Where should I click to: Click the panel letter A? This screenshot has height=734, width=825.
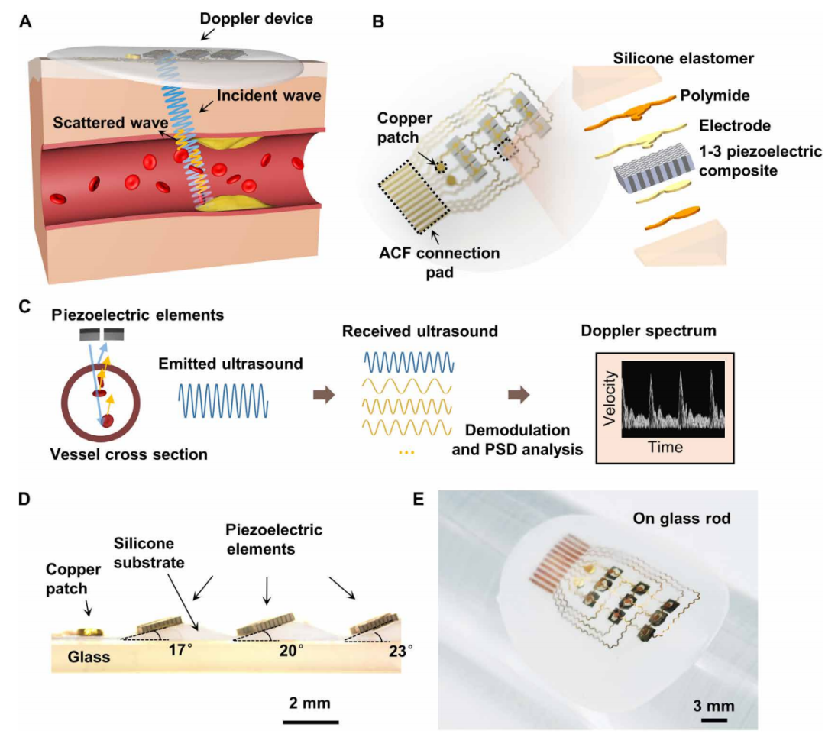24,21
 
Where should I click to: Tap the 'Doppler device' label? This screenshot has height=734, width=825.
256,18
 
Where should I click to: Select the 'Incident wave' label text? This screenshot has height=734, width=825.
269,95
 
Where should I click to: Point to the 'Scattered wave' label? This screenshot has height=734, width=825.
111,123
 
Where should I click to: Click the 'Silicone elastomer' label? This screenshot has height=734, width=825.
684,58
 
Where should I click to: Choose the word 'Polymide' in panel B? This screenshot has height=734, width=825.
715,95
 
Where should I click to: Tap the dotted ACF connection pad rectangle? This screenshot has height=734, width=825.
413,199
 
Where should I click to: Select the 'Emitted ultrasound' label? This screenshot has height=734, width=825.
231,364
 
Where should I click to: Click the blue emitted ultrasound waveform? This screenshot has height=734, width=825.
224,401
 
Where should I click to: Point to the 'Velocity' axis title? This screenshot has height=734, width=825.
610,398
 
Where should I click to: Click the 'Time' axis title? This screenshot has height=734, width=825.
665,448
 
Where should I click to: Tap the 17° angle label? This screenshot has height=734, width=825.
180,650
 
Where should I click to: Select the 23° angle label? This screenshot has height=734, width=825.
400,652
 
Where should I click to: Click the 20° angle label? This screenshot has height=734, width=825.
291,651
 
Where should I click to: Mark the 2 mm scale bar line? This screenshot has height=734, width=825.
310,722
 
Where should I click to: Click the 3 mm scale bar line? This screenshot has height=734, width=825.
713,719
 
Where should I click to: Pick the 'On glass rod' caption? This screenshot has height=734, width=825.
681,519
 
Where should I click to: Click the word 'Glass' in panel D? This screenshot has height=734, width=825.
89,657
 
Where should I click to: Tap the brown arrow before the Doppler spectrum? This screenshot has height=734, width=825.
519,395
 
